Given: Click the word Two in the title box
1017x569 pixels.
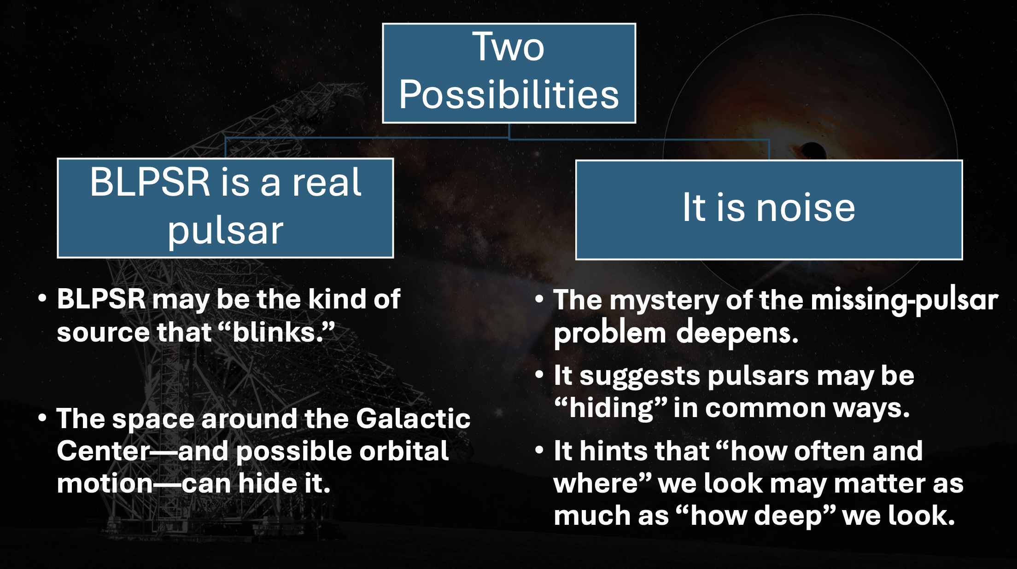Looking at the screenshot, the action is pos(508,46).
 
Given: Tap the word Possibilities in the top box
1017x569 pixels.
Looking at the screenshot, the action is pos(509,94).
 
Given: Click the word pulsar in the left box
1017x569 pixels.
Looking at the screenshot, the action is pos(225,231).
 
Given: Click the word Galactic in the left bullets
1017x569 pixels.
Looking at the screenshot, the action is pos(413,418).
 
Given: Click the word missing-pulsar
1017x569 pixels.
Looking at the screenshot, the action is pos(904,300).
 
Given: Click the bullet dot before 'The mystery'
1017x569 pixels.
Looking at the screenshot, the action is pos(539,299).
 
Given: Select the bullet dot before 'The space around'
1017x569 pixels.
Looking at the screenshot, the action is pos(42,418).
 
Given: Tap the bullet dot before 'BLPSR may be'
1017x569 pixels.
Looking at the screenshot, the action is pos(42,298).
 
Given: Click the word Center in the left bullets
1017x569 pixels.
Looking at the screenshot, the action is pos(104,451).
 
